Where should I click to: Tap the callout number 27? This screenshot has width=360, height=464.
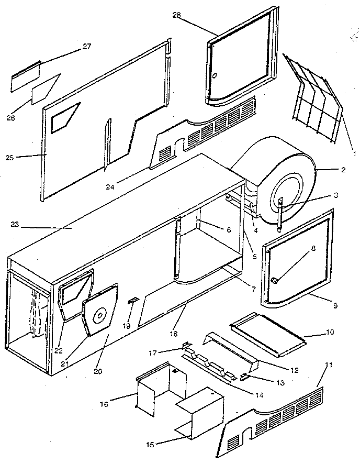pyautogui.click(x=86, y=47)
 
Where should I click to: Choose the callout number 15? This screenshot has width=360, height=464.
pyautogui.click(x=150, y=445)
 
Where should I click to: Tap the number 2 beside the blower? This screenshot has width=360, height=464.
pyautogui.click(x=343, y=170)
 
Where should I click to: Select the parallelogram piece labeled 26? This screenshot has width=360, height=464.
pyautogui.click(x=46, y=89)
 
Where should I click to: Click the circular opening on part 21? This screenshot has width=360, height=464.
pyautogui.click(x=99, y=315)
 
